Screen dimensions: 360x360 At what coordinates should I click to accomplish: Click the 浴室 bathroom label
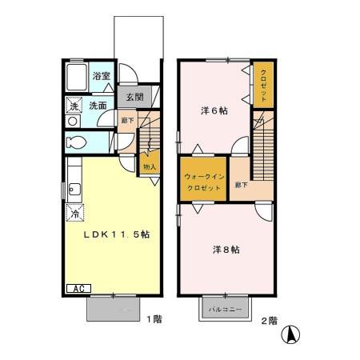[101, 77]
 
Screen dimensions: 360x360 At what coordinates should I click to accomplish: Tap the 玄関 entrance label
[133, 98]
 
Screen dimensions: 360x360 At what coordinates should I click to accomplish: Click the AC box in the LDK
[78, 287]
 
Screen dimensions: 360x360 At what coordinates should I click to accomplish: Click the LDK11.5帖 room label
[118, 235]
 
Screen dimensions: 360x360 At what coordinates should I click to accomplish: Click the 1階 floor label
[154, 319]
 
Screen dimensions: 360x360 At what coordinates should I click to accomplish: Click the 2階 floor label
[268, 320]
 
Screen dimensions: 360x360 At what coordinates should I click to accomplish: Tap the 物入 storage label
[149, 166]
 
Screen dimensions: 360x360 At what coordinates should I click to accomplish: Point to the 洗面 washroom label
[98, 105]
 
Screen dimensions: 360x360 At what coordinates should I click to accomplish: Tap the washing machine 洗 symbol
[72, 106]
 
